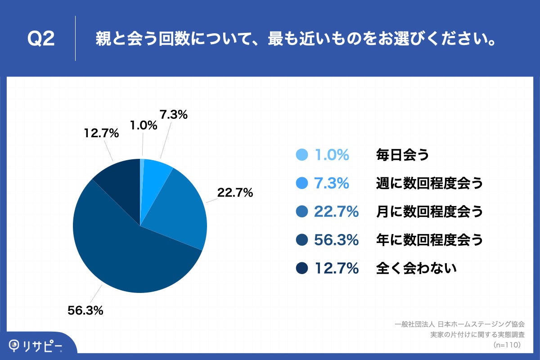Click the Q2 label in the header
(x=41, y=39)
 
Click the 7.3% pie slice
(x=157, y=171)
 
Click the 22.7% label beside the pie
(x=235, y=193)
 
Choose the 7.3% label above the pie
(x=173, y=115)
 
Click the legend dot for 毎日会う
(x=302, y=155)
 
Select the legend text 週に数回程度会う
(x=429, y=183)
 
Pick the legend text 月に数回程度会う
(x=429, y=211)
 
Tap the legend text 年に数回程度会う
(x=429, y=240)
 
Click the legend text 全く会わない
(x=416, y=269)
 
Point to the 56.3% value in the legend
(x=336, y=240)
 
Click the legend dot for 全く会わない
(x=302, y=269)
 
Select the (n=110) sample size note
(x=507, y=345)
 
